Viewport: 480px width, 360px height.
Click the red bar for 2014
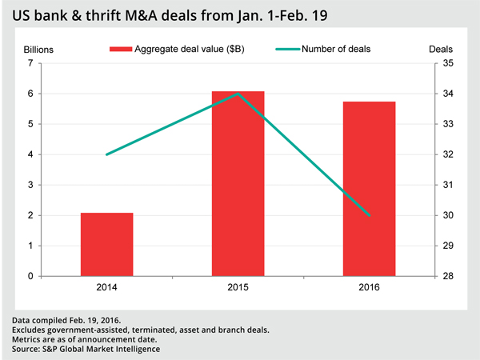106,245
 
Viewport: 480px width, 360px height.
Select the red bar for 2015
238,184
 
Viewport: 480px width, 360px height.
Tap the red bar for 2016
370,189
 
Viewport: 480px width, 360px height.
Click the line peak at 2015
238,94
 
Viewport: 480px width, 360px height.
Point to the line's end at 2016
370,215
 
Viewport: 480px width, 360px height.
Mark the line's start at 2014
106,154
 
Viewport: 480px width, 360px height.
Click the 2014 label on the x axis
106,287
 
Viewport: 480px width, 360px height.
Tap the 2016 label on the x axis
370,287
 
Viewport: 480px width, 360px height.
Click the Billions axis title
38,49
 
